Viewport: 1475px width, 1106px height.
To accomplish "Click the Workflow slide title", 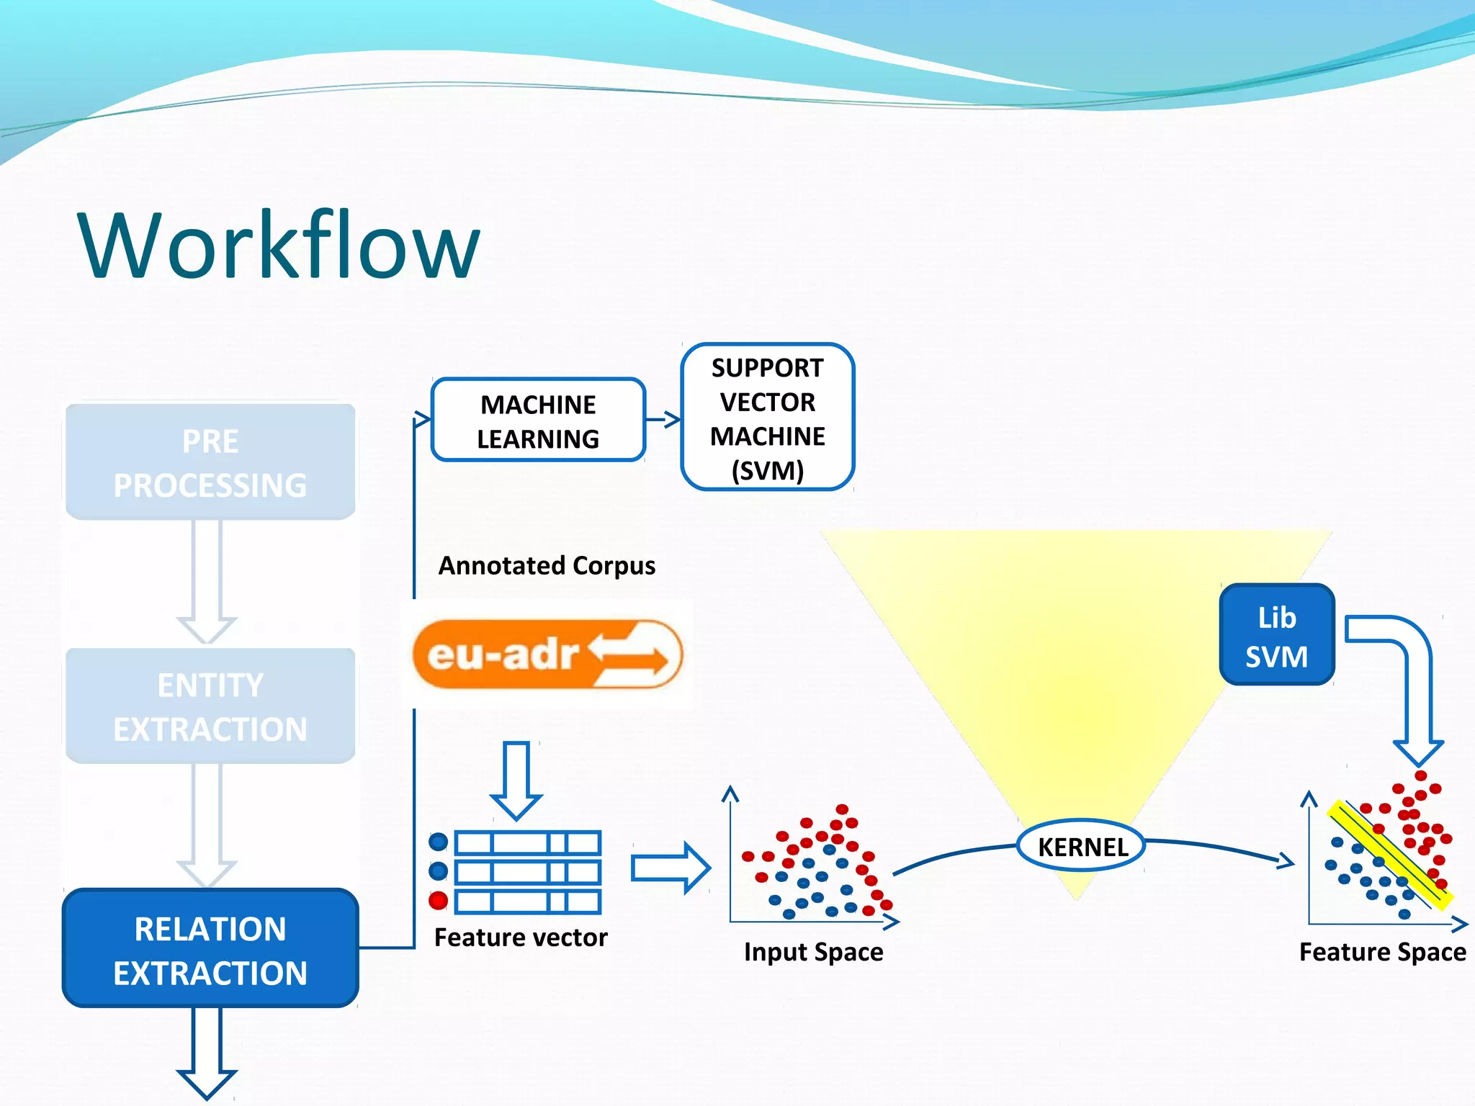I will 279,245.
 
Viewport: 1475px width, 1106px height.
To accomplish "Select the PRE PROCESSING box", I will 210,462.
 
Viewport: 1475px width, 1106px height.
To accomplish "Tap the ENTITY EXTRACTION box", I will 210,706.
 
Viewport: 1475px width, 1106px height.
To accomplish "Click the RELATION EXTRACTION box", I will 210,949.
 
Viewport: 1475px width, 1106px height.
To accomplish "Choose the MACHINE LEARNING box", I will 538,421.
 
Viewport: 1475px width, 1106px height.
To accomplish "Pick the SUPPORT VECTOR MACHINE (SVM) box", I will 767,418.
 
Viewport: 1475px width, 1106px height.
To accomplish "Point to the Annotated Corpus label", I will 547,566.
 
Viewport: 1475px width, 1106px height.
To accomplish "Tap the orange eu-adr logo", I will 547,655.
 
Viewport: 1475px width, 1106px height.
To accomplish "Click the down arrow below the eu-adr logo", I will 516,781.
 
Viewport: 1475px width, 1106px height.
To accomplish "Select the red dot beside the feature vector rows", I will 438,901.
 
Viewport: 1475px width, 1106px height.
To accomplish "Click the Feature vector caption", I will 521,938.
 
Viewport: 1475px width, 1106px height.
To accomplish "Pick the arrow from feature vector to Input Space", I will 670,868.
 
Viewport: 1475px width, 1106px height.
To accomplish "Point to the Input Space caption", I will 813,952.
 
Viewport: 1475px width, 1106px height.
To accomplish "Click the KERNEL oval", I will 1081,847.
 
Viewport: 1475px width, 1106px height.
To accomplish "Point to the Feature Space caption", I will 1382,952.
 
